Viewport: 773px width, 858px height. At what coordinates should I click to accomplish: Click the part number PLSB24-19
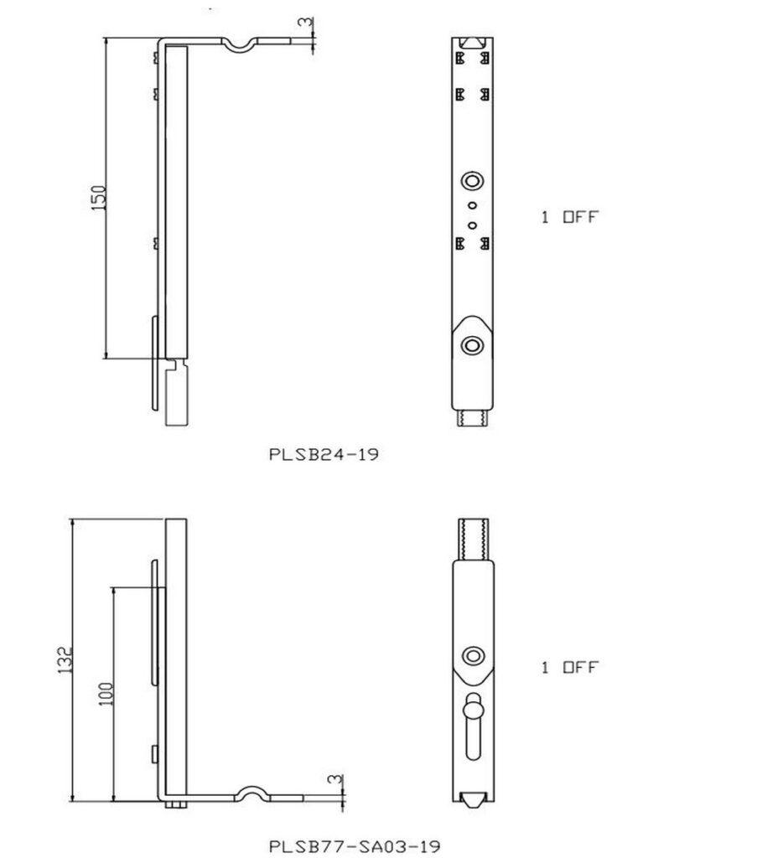tap(324, 455)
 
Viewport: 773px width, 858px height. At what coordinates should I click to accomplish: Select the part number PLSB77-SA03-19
tap(354, 845)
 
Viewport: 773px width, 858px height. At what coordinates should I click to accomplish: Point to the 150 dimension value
tap(98, 198)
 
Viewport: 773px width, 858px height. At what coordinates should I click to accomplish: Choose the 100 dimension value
tap(106, 692)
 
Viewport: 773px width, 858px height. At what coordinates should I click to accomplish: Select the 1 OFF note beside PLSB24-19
tap(570, 217)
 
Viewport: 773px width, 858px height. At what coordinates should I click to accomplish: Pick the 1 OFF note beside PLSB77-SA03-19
tap(570, 668)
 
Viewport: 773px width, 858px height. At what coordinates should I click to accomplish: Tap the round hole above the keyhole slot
tap(474, 655)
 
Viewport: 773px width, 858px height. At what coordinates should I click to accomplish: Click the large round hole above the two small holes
tap(472, 181)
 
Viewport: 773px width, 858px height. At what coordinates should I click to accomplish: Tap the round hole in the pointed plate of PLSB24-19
tap(472, 344)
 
